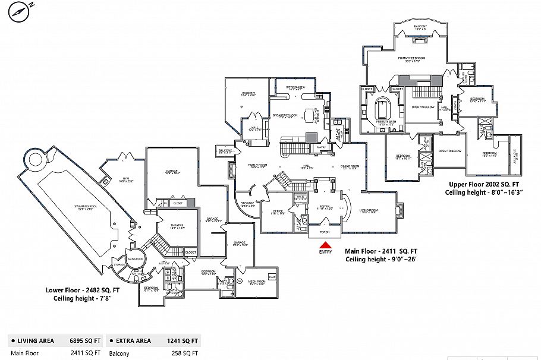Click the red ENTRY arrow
[325, 245]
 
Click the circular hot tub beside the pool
[34, 159]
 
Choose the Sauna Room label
[136, 259]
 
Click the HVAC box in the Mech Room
[272, 277]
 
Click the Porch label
[325, 232]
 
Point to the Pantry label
[321, 146]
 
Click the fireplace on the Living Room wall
[400, 209]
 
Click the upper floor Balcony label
[420, 28]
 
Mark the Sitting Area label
[295, 87]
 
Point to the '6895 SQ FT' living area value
[87, 341]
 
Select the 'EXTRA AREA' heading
[133, 341]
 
